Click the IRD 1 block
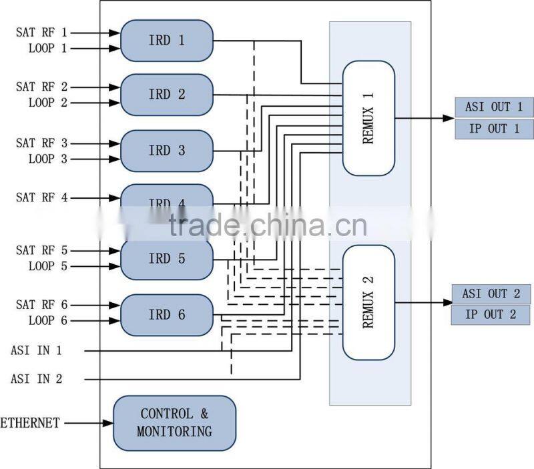pyautogui.click(x=166, y=40)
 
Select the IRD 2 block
pyautogui.click(x=166, y=95)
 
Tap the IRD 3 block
pyautogui.click(x=166, y=151)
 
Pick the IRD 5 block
pyautogui.click(x=166, y=259)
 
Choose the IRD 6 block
pyautogui.click(x=166, y=315)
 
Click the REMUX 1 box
pyautogui.click(x=368, y=118)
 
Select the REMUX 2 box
pyautogui.click(x=368, y=302)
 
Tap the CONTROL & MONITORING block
pyautogui.click(x=174, y=422)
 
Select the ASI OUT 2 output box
pyautogui.click(x=491, y=294)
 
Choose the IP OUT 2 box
pyautogui.click(x=491, y=315)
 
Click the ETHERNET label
pyautogui.click(x=30, y=423)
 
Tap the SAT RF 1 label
pyautogui.click(x=42, y=32)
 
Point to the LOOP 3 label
pyautogui.click(x=48, y=159)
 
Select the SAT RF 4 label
pyautogui.click(x=42, y=197)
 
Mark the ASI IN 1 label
pyautogui.click(x=36, y=350)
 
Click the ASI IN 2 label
pyautogui.click(x=36, y=379)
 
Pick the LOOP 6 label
pyautogui.click(x=48, y=321)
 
